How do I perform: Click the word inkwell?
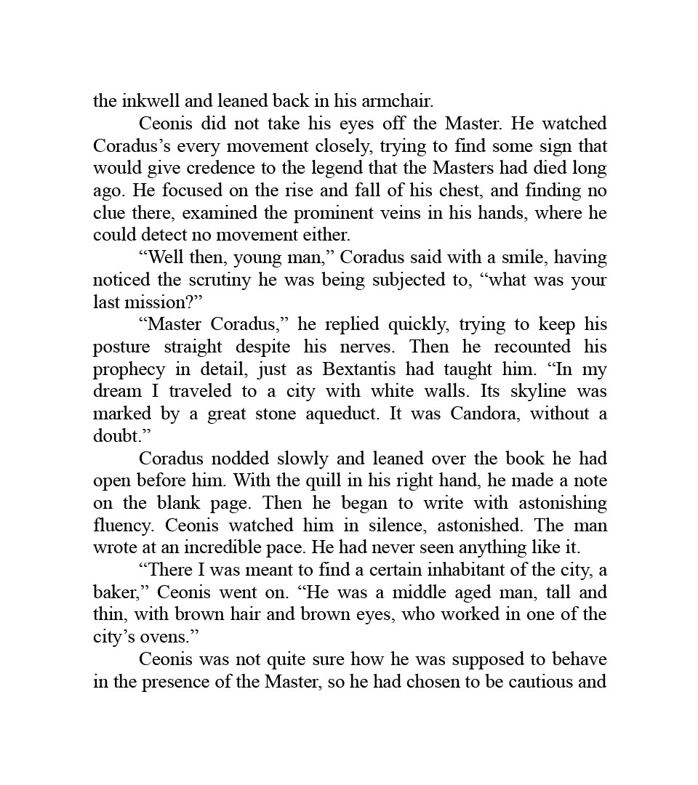145,101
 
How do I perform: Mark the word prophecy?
126,369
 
